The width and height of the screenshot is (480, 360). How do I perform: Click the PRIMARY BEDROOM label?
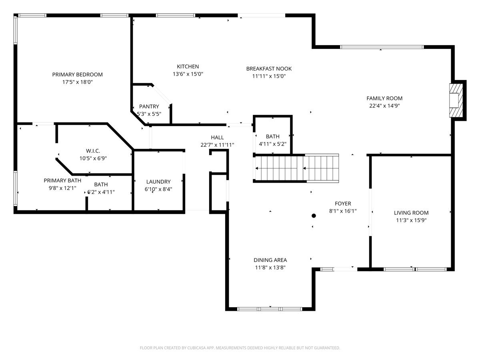pos(78,74)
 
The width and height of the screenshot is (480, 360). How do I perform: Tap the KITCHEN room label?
pos(188,66)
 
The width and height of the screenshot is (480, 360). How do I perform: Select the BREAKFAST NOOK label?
pos(269,69)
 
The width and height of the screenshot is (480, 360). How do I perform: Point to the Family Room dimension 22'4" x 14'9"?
pos(384,106)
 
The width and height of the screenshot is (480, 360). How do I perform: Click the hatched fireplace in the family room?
pos(456,100)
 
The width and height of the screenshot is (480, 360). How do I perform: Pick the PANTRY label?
pos(149,106)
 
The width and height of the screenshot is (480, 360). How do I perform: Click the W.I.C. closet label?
pos(93,151)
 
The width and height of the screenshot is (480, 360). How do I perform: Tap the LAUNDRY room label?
pos(158,182)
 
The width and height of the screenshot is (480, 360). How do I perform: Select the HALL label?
pos(217,138)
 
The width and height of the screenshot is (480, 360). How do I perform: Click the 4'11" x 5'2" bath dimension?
pos(272,144)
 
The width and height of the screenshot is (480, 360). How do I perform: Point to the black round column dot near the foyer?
pos(314,216)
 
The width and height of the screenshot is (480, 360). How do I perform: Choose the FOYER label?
pos(343,204)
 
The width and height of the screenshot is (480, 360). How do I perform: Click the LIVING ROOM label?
pos(411,213)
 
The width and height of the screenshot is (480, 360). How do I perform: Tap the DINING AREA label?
pos(270,260)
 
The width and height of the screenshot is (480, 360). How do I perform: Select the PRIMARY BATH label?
pos(62,180)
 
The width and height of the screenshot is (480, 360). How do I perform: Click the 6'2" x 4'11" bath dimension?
pos(101,192)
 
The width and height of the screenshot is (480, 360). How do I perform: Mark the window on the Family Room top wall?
pos(382,47)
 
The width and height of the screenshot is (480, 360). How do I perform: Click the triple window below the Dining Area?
pos(270,309)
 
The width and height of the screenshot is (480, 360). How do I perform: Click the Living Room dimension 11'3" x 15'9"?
pos(411,220)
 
